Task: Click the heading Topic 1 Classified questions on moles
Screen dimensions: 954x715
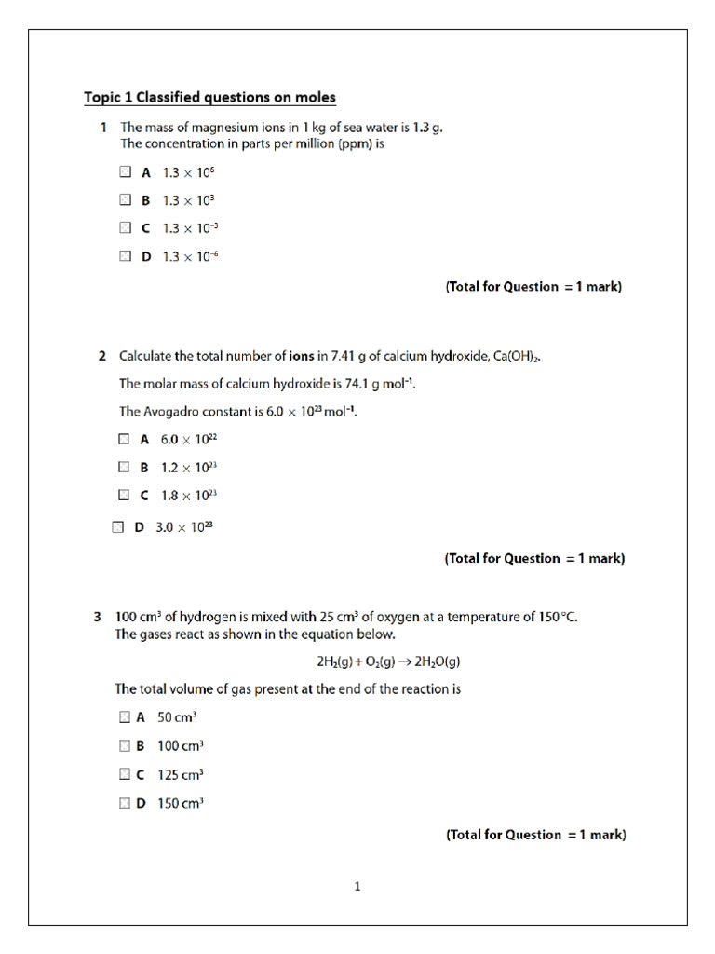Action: (x=209, y=98)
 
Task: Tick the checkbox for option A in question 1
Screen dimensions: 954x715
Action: (x=126, y=172)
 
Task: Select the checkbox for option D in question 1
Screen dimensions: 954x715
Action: (x=126, y=256)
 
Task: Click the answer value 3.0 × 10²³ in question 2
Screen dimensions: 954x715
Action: (x=184, y=527)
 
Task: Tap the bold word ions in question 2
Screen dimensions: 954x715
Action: (x=302, y=356)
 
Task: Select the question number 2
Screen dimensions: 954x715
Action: (x=101, y=356)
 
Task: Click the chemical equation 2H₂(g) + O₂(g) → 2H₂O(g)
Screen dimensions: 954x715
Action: (x=389, y=662)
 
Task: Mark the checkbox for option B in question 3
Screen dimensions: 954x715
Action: (x=125, y=745)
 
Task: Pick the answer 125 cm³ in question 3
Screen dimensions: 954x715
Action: (x=181, y=774)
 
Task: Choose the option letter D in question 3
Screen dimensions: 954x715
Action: (x=142, y=802)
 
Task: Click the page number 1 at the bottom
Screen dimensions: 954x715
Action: (x=357, y=887)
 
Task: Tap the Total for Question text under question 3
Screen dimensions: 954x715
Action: (x=535, y=835)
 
